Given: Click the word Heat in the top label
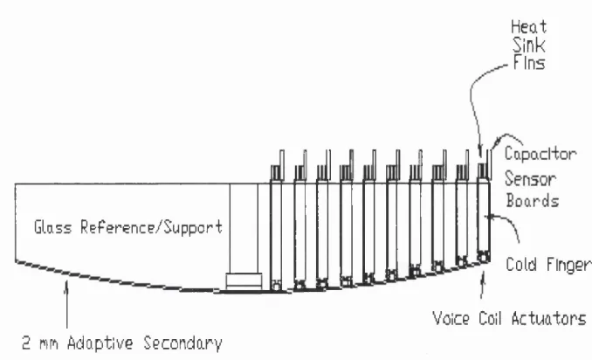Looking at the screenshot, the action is (x=528, y=27).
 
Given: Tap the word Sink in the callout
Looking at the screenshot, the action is (x=529, y=45).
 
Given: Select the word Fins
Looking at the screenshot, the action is (x=529, y=63).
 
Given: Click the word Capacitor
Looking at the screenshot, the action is (x=540, y=155).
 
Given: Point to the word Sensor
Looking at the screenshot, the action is (x=531, y=178).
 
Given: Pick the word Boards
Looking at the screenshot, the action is (x=533, y=200).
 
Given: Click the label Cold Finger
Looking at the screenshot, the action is (x=548, y=265).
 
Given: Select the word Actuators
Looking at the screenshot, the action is (x=548, y=318).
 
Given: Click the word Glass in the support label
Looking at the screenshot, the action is (x=53, y=227).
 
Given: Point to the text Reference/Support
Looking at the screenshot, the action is (x=151, y=228).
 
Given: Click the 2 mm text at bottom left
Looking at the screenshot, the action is (x=40, y=343).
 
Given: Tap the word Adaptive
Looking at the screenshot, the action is (x=100, y=343).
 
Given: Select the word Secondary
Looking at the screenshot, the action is (x=182, y=343).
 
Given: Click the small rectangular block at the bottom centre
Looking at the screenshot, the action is (x=244, y=281).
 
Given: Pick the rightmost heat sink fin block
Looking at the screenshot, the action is (x=483, y=170).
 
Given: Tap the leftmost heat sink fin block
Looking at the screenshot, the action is (x=277, y=172).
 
